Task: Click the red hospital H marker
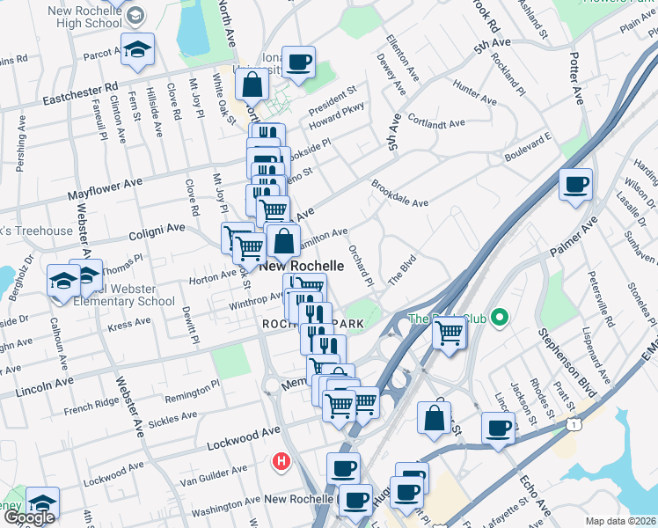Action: coord(281,460)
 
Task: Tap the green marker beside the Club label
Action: coord(501,317)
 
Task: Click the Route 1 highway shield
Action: coord(574,425)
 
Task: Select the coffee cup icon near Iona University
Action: coord(299,62)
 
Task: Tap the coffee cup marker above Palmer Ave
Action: coord(576,185)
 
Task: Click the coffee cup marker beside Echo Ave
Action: coord(499,429)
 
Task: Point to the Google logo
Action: coord(29,518)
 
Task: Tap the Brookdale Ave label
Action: coord(399,194)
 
